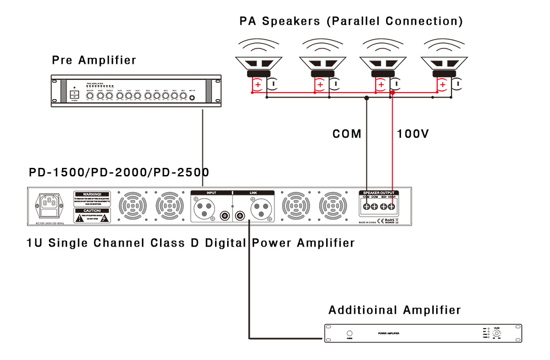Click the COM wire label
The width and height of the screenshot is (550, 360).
[x=346, y=134]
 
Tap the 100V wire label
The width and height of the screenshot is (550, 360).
[x=413, y=134]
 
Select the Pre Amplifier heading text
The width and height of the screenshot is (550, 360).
[x=94, y=60]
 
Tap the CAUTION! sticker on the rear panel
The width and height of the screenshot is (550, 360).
[x=92, y=215]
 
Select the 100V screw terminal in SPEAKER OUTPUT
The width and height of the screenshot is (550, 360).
[x=392, y=207]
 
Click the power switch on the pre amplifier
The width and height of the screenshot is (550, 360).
[x=74, y=95]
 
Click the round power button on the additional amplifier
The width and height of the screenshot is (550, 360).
[x=349, y=334]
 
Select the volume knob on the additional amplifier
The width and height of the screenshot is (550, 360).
[x=497, y=334]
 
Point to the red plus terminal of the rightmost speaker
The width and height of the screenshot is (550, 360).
[x=442, y=85]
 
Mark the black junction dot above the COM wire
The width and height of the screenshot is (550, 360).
[x=366, y=98]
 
